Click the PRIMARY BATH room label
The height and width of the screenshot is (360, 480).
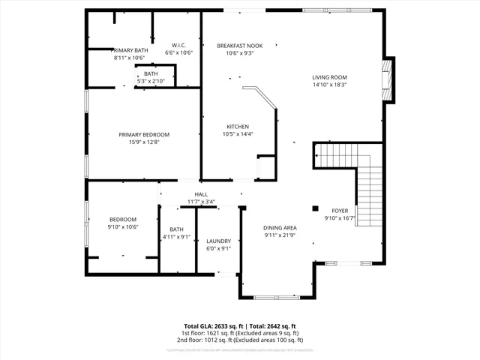coord(131,49)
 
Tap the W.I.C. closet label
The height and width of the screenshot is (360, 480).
coord(178,44)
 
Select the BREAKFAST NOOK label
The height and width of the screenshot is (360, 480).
coord(241,45)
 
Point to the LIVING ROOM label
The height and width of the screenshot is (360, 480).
coord(329,77)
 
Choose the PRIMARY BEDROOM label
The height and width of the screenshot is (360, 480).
coord(144,135)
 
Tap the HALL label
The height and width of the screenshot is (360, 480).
coord(201,193)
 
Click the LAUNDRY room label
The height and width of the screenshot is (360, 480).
coord(219,241)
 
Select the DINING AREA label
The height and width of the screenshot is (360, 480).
coord(280,228)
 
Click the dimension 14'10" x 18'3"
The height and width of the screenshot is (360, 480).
coord(329,85)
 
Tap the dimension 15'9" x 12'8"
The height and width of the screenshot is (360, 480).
coord(144,142)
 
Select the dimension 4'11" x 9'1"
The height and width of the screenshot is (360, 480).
coord(176,237)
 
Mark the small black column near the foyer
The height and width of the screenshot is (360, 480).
coord(315,208)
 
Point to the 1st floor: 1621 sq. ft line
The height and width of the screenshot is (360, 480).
coord(239,333)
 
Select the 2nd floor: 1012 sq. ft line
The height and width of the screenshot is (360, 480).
coord(239,340)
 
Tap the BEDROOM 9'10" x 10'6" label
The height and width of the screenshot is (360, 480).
coord(124,223)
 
